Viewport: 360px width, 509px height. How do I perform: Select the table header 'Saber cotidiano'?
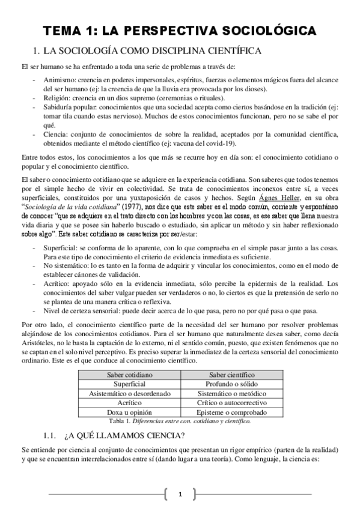click(x=130, y=375)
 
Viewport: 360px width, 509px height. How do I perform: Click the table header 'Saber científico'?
click(x=232, y=375)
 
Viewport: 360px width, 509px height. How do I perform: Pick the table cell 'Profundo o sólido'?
click(x=232, y=384)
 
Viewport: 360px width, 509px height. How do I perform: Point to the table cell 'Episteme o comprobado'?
click(x=232, y=413)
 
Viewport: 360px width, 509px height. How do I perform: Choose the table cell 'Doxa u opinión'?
click(x=130, y=413)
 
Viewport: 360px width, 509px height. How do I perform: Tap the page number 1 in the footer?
click(x=180, y=494)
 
